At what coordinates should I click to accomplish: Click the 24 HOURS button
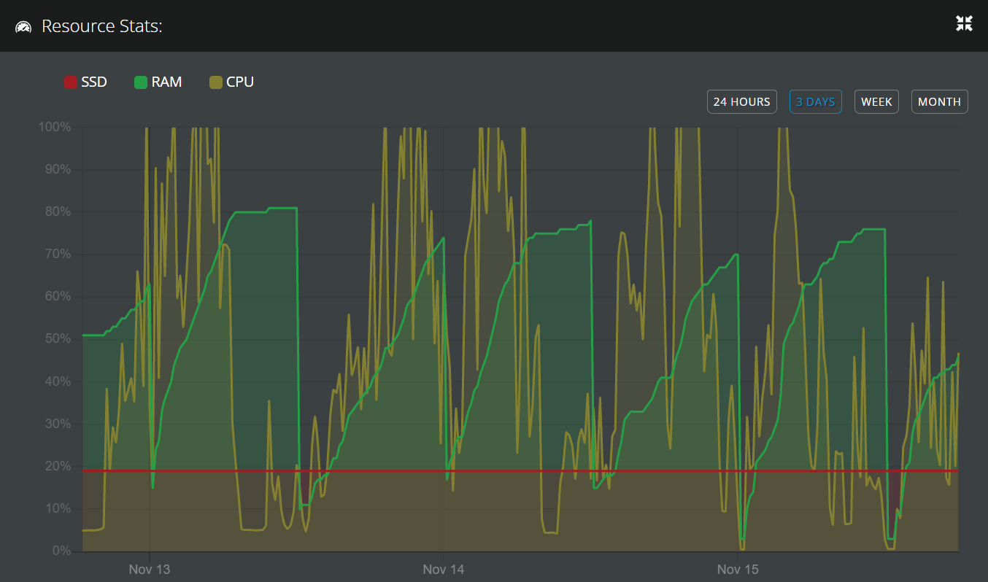point(741,102)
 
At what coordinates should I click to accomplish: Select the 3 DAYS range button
point(815,102)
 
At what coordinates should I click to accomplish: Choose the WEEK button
point(876,102)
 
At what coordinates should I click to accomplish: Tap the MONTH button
point(939,102)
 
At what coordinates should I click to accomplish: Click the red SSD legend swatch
point(71,82)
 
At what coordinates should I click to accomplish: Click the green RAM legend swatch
point(141,82)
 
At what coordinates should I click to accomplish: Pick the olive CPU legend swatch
point(216,82)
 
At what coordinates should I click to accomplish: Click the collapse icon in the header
point(964,23)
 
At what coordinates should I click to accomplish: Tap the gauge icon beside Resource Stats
point(23,27)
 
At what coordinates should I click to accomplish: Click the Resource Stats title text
point(101,26)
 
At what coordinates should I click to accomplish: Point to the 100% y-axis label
point(55,127)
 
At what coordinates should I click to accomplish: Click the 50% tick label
point(57,339)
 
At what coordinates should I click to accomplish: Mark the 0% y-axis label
point(61,551)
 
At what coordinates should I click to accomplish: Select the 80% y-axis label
point(57,212)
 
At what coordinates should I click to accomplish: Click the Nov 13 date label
point(149,569)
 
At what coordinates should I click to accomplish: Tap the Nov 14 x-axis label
point(444,569)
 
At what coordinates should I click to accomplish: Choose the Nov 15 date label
point(738,569)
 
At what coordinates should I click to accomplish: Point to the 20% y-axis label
point(57,466)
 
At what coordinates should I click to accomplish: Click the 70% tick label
point(57,255)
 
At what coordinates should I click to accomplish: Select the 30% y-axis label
point(57,424)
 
